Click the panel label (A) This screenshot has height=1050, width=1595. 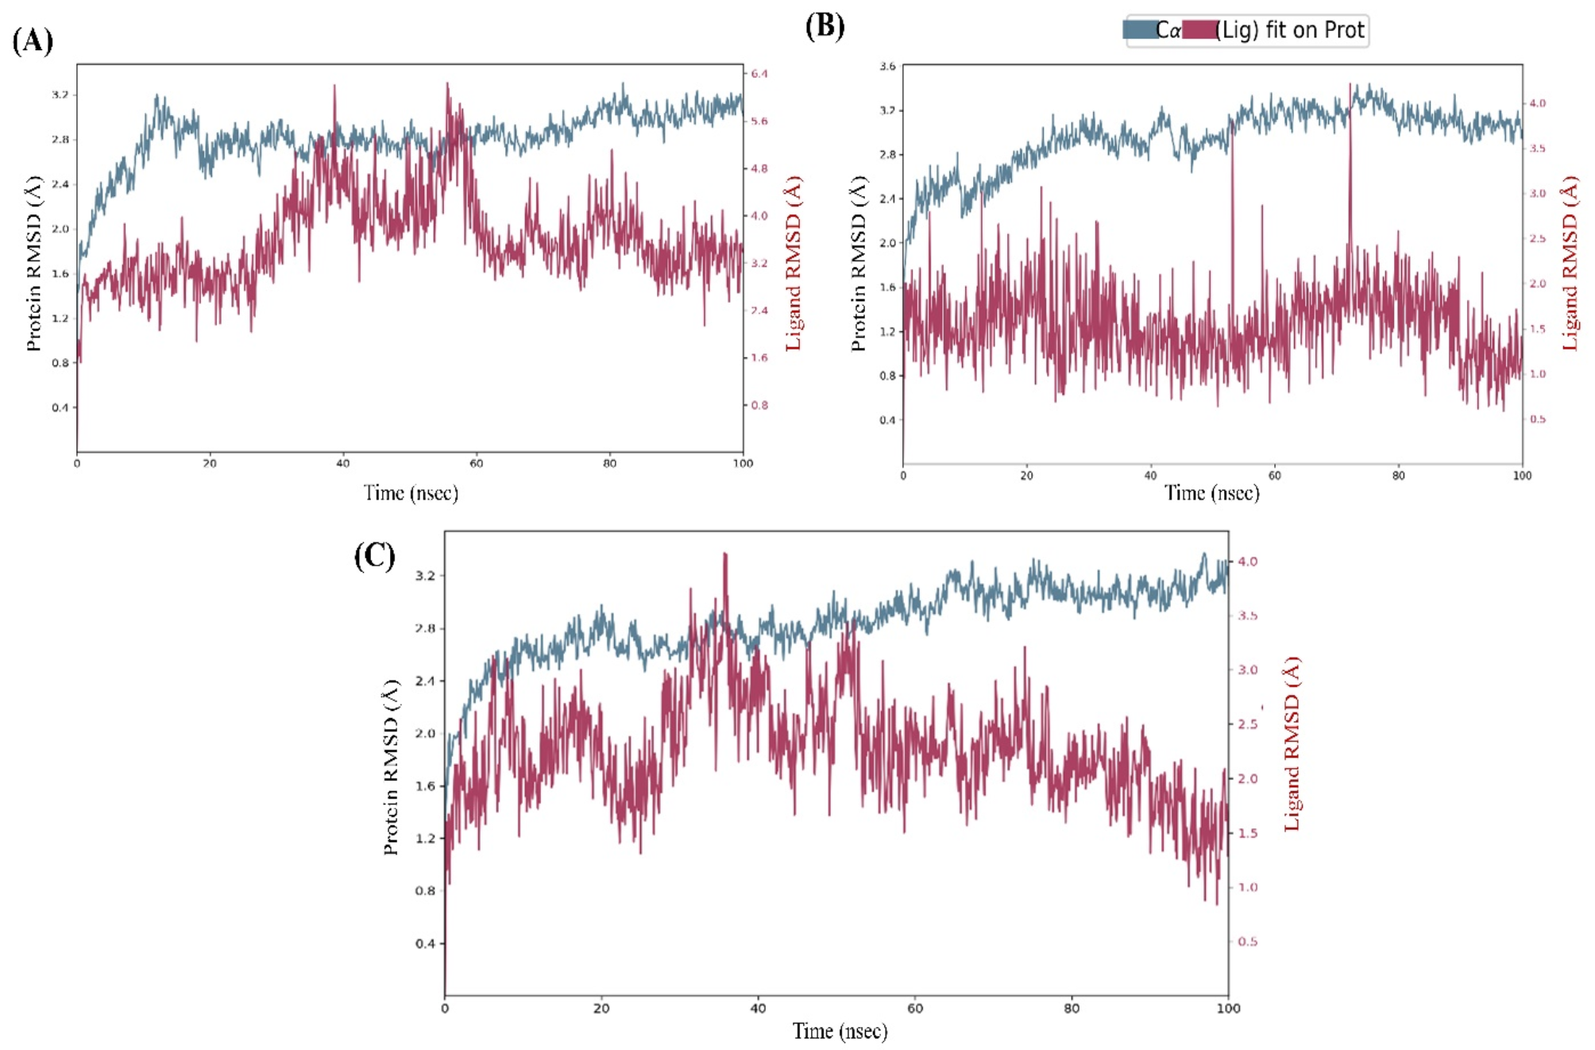(x=33, y=40)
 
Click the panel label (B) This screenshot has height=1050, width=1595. (x=825, y=26)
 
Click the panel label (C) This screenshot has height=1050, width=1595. (x=374, y=555)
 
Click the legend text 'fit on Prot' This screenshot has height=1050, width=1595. (x=1315, y=30)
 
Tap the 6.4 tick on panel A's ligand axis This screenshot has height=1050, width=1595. (x=759, y=74)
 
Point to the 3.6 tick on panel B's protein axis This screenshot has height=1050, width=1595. (x=887, y=66)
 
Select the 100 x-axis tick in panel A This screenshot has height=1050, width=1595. (x=743, y=463)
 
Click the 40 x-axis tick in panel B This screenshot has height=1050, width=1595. (x=1150, y=476)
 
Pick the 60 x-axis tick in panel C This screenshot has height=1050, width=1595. (x=915, y=1008)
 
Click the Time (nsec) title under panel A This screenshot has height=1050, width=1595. (x=411, y=493)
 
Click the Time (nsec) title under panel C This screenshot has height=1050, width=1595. (x=840, y=1031)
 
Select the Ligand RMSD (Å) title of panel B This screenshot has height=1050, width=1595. (x=1570, y=264)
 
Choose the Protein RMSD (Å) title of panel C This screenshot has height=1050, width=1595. (x=391, y=766)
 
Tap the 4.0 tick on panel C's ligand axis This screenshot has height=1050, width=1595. (x=1247, y=562)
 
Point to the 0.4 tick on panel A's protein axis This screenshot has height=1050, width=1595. (x=60, y=407)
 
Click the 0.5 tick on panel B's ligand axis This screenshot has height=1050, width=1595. (x=1538, y=419)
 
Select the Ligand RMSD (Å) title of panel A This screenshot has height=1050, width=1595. (x=793, y=264)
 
